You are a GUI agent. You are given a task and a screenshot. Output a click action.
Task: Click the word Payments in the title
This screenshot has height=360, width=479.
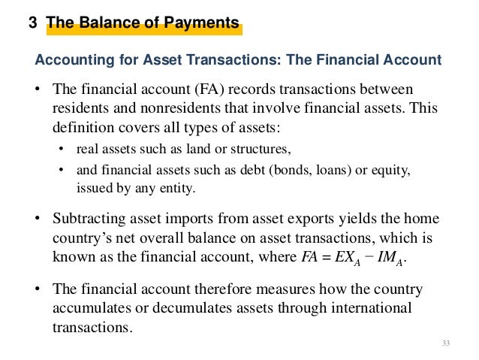(x=202, y=23)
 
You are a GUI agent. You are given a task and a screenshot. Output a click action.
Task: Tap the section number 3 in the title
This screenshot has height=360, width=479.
(x=32, y=23)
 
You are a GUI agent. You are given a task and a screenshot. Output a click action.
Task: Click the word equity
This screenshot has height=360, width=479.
(x=392, y=170)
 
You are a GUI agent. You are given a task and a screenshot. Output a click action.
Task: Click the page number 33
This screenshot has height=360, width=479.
(x=446, y=343)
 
